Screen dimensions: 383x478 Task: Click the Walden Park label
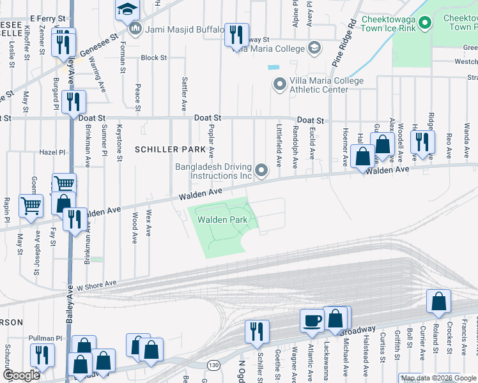click(222, 220)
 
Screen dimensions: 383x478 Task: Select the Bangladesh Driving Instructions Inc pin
click(261, 170)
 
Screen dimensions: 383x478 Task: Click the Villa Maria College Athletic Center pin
click(279, 84)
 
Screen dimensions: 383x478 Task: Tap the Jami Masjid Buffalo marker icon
click(135, 29)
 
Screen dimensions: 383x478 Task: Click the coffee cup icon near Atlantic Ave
click(312, 320)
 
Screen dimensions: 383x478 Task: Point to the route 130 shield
click(212, 363)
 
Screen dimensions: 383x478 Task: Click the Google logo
click(21, 375)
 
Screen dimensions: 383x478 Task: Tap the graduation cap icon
click(127, 9)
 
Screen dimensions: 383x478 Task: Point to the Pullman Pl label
click(45, 338)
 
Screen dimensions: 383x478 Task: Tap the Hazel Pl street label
click(52, 153)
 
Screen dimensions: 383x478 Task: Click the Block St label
click(154, 57)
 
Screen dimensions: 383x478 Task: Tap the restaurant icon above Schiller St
click(257, 331)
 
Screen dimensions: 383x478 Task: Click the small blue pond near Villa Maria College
click(275, 67)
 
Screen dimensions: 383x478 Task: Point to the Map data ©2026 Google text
click(438, 378)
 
